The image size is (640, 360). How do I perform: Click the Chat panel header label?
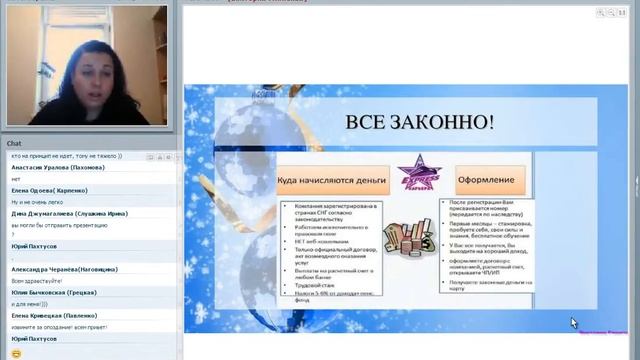(x=15, y=143)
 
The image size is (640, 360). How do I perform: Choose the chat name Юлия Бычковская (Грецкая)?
(x=60, y=293)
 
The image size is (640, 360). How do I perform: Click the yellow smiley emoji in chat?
(x=16, y=353)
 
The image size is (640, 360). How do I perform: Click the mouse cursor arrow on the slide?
(x=573, y=322)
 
